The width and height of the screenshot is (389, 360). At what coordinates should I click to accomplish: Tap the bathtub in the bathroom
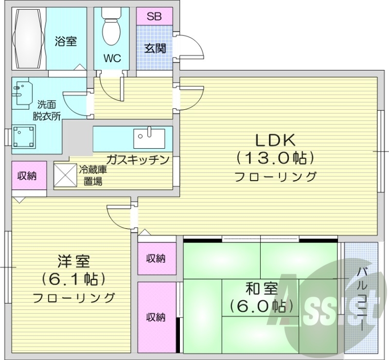pos(29,38)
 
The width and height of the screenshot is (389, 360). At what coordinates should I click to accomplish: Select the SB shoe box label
pos(154,16)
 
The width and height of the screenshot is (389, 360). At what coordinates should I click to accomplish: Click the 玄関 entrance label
pos(154,48)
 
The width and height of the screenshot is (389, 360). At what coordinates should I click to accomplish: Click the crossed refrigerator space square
pos(65,174)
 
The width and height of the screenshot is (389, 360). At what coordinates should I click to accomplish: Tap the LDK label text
pos(276,140)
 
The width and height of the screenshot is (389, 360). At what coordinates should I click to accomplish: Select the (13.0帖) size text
pos(276,157)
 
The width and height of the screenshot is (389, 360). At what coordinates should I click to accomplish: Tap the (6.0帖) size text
pos(261,306)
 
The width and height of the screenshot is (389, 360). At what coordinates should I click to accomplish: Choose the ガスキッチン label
pos(138,159)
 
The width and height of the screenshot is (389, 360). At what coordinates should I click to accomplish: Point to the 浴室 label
pos(66,41)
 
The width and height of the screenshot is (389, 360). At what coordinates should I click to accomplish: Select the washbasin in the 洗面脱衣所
pos(21,93)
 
